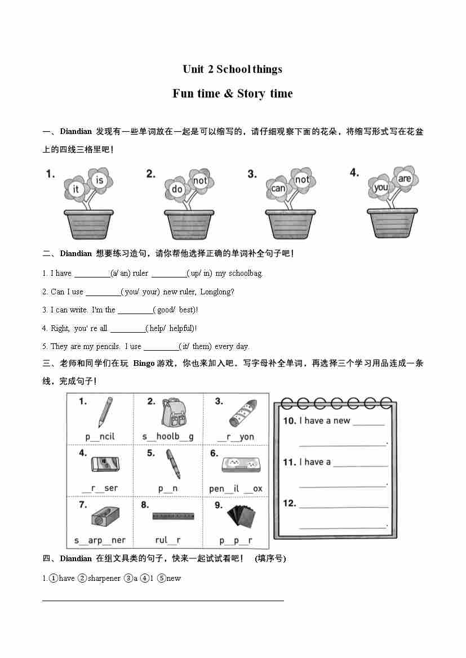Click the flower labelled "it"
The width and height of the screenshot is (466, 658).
76,190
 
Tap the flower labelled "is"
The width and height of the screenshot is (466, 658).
100,180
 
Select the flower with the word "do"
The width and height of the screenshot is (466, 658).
177,189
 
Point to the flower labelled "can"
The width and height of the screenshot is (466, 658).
278,189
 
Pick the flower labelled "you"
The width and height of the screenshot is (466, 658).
381,187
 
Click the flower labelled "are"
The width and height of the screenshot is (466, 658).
405,179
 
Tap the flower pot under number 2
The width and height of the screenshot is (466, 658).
189,224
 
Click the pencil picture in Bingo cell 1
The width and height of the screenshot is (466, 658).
105,412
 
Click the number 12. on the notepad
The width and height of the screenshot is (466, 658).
290,503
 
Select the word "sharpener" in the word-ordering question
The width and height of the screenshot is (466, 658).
104,578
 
